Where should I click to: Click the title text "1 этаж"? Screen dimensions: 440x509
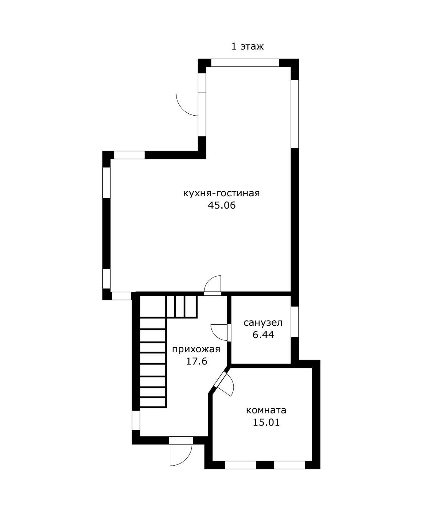pyautogui.click(x=247, y=46)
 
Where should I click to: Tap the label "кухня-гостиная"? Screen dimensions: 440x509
pyautogui.click(x=221, y=193)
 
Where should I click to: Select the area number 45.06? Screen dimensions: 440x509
pyautogui.click(x=222, y=206)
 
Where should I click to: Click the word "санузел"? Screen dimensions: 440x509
pyautogui.click(x=263, y=323)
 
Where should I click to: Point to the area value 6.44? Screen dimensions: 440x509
pyautogui.click(x=263, y=335)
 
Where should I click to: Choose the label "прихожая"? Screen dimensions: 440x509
pyautogui.click(x=196, y=350)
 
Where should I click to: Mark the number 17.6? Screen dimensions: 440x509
pyautogui.click(x=196, y=361)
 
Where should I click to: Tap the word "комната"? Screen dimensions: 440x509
pyautogui.click(x=266, y=411)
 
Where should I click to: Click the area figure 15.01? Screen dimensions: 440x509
pyautogui.click(x=266, y=423)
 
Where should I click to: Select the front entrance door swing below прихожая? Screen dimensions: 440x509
pyautogui.click(x=181, y=455)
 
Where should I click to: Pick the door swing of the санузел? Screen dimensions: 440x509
pyautogui.click(x=219, y=333)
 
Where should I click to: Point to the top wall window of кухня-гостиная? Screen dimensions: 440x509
pyautogui.click(x=245, y=63)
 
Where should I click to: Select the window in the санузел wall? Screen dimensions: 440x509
pyautogui.click(x=295, y=322)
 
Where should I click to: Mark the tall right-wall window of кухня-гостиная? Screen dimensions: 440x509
pyautogui.click(x=295, y=114)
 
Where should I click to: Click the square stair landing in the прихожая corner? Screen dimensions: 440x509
pyautogui.click(x=153, y=307)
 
